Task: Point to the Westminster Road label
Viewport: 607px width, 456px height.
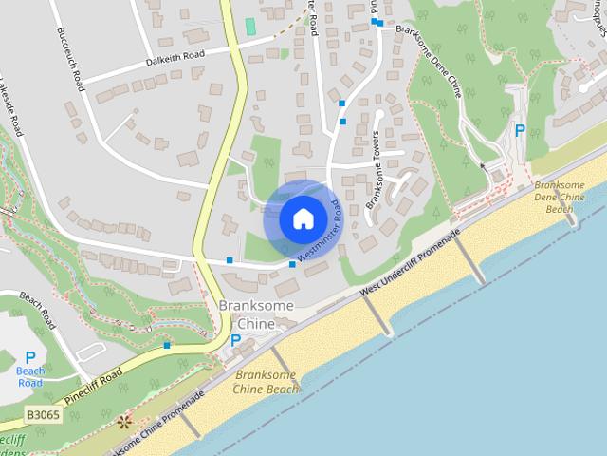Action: (320, 231)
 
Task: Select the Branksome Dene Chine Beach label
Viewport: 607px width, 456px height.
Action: (567, 196)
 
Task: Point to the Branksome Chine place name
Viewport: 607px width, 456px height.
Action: (256, 314)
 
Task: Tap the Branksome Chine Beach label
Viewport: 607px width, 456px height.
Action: (266, 381)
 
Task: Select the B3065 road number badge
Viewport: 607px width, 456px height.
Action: (44, 416)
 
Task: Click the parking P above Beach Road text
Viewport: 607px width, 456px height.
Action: (30, 357)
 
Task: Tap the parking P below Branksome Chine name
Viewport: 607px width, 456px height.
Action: (235, 340)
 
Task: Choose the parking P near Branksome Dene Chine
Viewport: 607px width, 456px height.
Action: (519, 131)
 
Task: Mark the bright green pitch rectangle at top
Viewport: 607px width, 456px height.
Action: (250, 26)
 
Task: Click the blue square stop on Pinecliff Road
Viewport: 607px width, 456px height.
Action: (167, 345)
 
